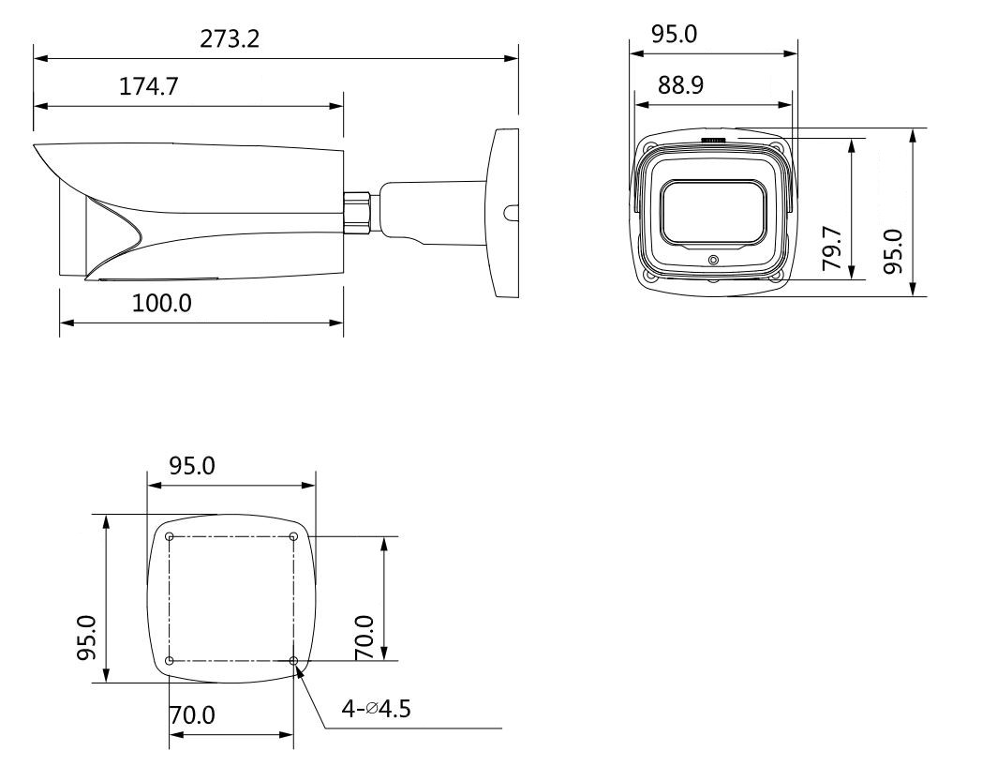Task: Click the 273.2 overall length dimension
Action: (x=230, y=39)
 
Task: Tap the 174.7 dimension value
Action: (x=149, y=86)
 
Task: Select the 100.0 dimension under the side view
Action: (x=161, y=304)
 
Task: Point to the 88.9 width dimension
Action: (x=680, y=84)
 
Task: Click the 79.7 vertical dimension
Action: (x=832, y=248)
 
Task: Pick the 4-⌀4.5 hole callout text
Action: (x=377, y=708)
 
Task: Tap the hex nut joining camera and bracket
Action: (x=359, y=211)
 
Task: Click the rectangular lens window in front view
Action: (x=713, y=213)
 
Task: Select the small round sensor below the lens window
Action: (x=713, y=260)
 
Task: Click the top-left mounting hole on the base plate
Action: (x=170, y=536)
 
